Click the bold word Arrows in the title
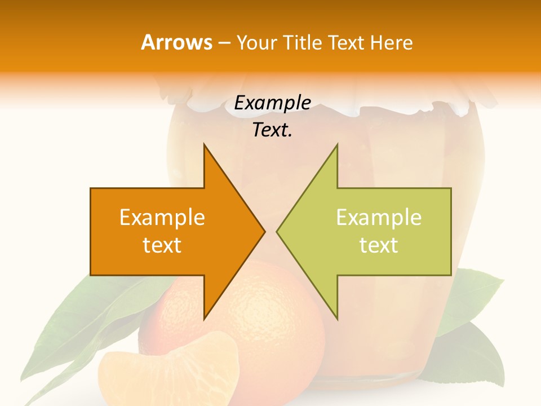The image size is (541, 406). click(177, 43)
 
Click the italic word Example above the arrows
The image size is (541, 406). click(273, 103)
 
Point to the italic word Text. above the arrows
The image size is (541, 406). click(273, 130)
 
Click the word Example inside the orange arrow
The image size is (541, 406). click(162, 218)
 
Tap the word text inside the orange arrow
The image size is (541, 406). click(162, 245)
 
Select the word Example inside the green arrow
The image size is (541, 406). click(379, 218)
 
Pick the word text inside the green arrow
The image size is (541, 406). click(379, 245)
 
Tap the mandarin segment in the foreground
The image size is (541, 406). click(169, 372)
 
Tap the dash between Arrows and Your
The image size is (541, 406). click(224, 43)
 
